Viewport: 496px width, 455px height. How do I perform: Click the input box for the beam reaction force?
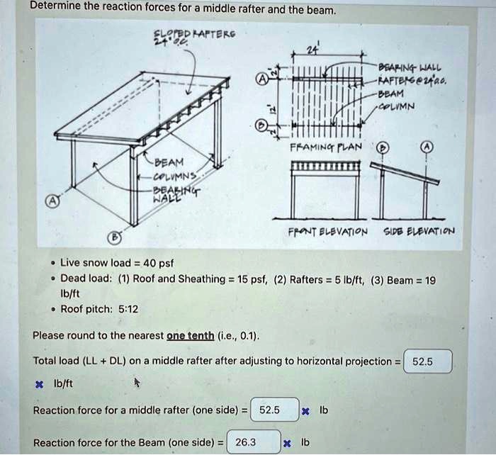(254, 443)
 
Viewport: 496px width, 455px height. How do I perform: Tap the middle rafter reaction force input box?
(274, 410)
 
